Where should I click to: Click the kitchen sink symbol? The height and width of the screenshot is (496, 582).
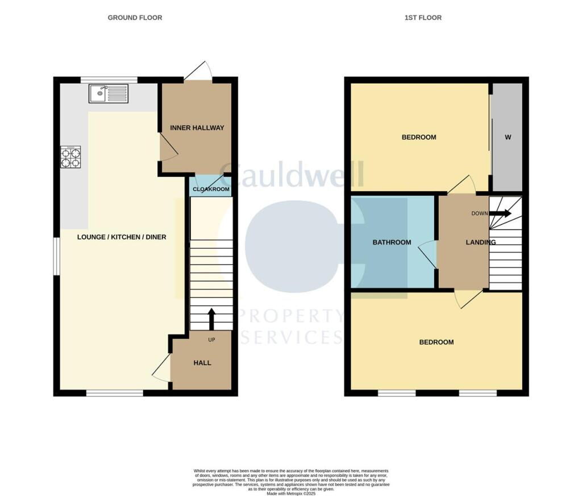click(109, 93)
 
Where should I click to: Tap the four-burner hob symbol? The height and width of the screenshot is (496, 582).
click(71, 158)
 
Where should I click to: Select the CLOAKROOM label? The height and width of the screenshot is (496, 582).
click(211, 189)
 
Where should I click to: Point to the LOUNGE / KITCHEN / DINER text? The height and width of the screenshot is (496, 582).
click(122, 237)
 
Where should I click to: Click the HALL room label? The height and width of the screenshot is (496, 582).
click(202, 362)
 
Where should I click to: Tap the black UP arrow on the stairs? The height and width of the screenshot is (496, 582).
click(211, 319)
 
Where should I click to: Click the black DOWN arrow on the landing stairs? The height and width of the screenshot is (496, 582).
click(500, 214)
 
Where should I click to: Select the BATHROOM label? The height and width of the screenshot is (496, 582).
click(392, 242)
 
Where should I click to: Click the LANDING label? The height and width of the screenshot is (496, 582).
click(480, 242)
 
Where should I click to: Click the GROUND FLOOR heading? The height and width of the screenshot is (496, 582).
click(135, 18)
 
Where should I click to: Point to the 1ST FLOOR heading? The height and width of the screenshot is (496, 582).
click(423, 18)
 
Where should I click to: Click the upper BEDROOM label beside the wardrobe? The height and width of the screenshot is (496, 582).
click(419, 137)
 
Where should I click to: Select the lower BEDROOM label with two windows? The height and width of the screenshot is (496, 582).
click(436, 342)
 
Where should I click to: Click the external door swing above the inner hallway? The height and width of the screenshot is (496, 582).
click(199, 71)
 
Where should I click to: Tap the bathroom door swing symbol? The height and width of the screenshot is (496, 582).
click(428, 254)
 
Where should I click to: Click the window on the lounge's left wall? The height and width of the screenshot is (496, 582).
click(56, 257)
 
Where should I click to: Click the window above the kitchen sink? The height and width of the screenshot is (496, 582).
click(109, 80)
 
